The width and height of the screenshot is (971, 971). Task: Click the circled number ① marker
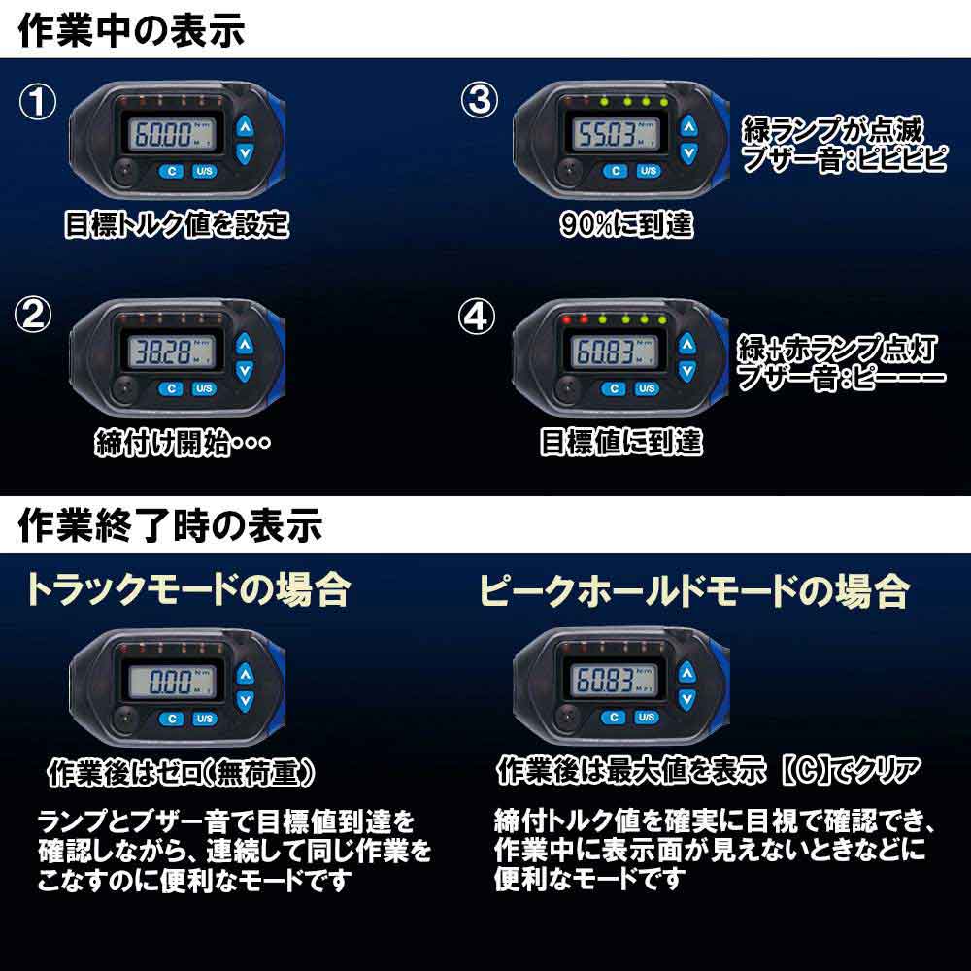click(39, 102)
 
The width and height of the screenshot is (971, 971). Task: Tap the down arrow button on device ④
click(687, 370)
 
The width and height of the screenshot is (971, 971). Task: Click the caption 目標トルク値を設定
click(177, 225)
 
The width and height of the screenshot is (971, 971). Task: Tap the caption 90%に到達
click(626, 225)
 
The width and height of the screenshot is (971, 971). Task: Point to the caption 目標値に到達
click(621, 443)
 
